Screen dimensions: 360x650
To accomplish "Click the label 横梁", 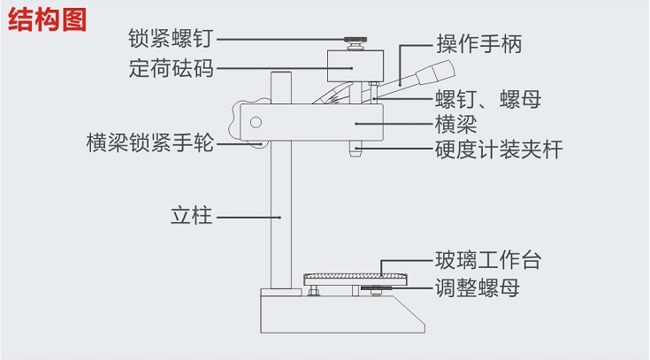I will coord(455,123).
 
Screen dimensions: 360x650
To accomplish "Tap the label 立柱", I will coord(191,215).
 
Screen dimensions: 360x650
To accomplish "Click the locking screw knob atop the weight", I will coord(356,41).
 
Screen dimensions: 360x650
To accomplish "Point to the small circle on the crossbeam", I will coord(256,123).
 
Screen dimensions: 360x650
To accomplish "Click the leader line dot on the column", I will coord(280,216).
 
